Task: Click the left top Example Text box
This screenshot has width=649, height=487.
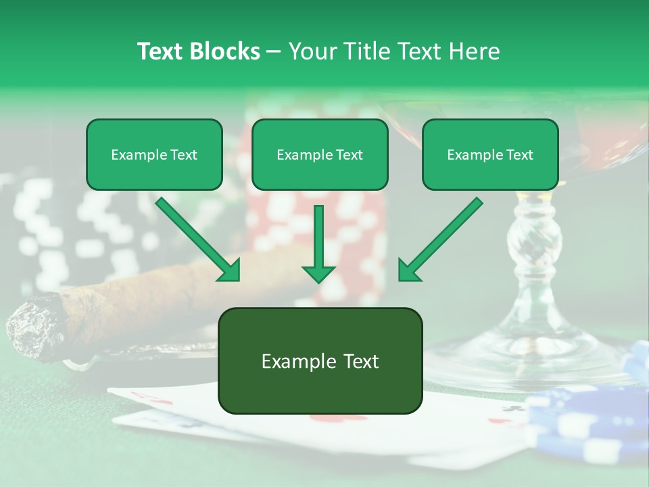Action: tap(154, 154)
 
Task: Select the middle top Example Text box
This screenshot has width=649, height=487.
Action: tap(320, 154)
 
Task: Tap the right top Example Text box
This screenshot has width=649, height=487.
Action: tap(490, 154)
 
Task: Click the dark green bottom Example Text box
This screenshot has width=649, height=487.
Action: tap(320, 361)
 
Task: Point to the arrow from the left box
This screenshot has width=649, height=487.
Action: tap(199, 240)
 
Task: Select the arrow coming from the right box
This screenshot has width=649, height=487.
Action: tap(439, 240)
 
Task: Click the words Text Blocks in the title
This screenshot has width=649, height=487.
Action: tap(199, 51)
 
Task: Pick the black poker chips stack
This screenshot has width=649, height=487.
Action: tap(74, 230)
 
